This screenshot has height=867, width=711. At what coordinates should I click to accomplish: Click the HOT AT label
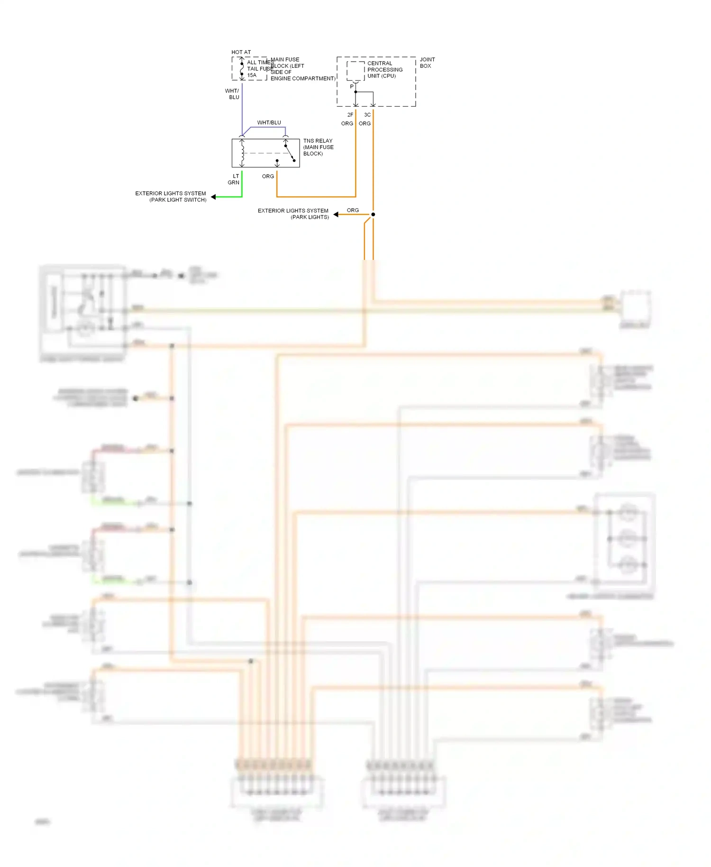241,52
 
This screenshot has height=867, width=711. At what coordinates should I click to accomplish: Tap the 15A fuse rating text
252,75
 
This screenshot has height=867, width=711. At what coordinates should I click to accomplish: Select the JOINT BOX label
427,63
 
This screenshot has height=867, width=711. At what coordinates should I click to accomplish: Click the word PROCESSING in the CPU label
385,70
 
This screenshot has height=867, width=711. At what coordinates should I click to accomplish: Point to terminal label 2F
350,115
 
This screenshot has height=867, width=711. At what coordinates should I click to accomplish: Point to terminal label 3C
367,115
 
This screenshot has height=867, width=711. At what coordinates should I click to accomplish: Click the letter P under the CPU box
351,86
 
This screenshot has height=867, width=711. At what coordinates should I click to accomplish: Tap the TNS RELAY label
318,141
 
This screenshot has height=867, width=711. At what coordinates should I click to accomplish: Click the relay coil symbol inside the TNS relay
242,153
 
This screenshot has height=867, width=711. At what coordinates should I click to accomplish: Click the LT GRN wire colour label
234,179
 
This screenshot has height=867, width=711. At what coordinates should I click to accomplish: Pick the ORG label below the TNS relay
268,176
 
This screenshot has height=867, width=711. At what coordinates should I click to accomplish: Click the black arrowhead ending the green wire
213,197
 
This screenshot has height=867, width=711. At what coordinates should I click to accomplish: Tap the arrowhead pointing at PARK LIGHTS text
336,215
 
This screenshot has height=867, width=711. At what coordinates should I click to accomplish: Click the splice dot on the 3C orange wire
373,214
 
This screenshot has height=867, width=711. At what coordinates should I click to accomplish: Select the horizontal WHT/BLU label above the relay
269,123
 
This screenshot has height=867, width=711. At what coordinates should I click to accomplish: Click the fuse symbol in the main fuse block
242,69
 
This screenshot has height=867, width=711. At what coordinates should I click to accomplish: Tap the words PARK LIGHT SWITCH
178,200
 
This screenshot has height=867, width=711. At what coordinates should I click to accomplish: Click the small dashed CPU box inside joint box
355,70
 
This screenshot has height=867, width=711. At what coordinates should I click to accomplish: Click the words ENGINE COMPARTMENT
302,79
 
